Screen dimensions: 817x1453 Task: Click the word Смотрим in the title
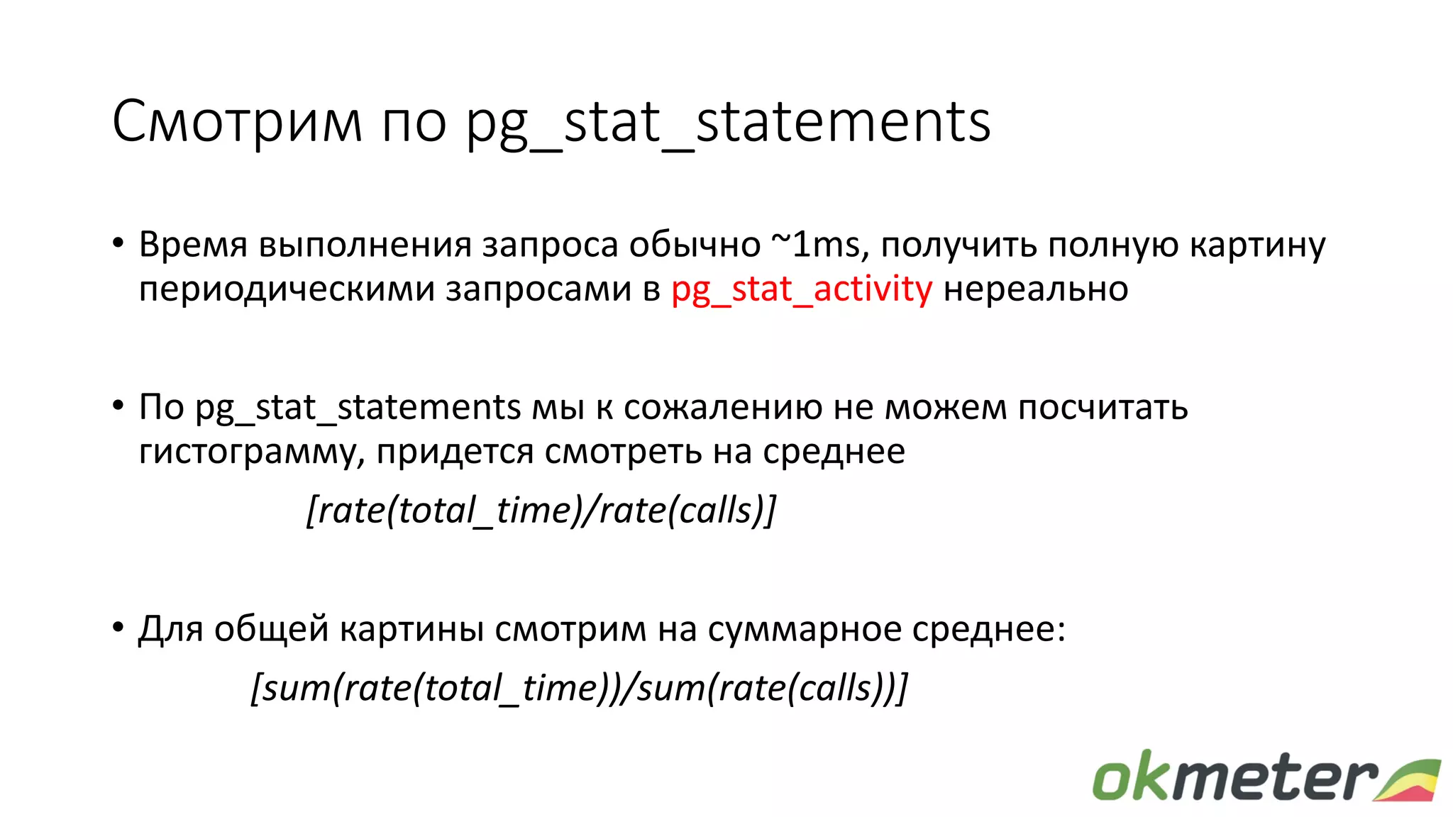pyautogui.click(x=237, y=122)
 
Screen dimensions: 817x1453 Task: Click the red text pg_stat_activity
pyautogui.click(x=802, y=289)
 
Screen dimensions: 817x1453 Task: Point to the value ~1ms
pyautogui.click(x=816, y=245)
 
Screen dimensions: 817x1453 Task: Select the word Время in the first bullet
pyautogui.click(x=193, y=245)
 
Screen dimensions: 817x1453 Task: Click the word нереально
pyautogui.click(x=1036, y=289)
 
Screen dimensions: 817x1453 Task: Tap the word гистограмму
pyautogui.click(x=252, y=452)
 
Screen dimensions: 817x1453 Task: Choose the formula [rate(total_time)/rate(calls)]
pyautogui.click(x=541, y=510)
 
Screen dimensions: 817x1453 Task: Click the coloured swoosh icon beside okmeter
pyautogui.click(x=1408, y=780)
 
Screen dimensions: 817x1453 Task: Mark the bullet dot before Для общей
pyautogui.click(x=118, y=628)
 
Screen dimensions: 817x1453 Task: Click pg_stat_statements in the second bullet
pyautogui.click(x=358, y=408)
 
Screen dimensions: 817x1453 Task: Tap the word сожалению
pyautogui.click(x=723, y=407)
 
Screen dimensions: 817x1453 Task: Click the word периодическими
pyautogui.click(x=287, y=289)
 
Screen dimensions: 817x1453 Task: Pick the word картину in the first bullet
pyautogui.click(x=1257, y=245)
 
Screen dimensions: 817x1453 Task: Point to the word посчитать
pyautogui.click(x=1103, y=407)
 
